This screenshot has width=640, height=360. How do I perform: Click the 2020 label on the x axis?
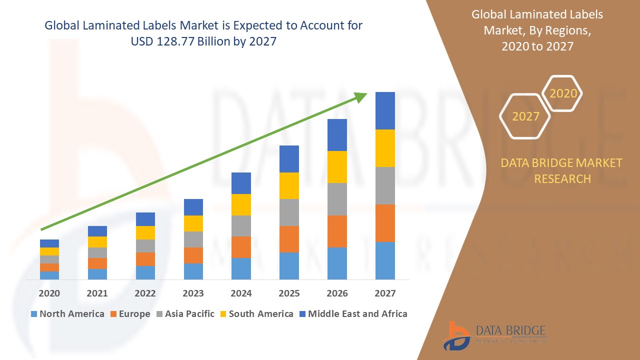pos(49,293)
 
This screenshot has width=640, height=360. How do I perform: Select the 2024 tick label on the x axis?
pos(241,293)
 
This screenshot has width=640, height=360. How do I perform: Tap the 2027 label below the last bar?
pos(385,293)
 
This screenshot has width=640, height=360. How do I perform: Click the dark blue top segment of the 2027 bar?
pos(385,110)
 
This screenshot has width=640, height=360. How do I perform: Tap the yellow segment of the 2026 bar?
pos(337,167)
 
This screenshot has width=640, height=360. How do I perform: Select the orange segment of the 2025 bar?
pos(289,239)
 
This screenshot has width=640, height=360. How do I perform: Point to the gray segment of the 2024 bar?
pos(241,226)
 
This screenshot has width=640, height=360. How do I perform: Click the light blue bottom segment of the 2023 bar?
pos(193,271)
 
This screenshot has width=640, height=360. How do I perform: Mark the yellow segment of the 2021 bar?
pos(97,242)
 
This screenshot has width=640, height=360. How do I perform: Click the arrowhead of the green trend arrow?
pos(361,96)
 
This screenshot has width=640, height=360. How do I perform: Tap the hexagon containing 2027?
pos(525,116)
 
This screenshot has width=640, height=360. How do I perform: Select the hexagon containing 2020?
pos(563,93)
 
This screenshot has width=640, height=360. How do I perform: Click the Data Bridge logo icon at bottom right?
pos(456,335)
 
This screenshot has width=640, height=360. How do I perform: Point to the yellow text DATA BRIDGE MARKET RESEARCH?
pos(562,170)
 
